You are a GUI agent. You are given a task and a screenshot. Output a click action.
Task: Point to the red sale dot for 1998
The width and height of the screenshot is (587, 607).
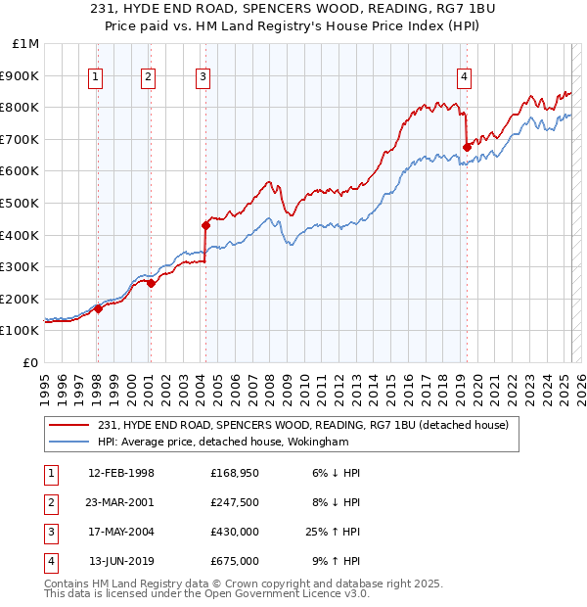coord(98,308)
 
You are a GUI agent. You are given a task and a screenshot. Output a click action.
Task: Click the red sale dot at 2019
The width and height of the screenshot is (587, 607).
coord(467,147)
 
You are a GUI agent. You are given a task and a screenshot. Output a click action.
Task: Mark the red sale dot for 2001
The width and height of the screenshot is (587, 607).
coord(151,284)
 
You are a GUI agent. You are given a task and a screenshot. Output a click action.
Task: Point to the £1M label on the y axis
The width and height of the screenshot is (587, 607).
coord(26,44)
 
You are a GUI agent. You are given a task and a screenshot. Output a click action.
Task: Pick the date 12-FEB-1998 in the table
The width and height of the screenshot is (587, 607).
coord(121,473)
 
